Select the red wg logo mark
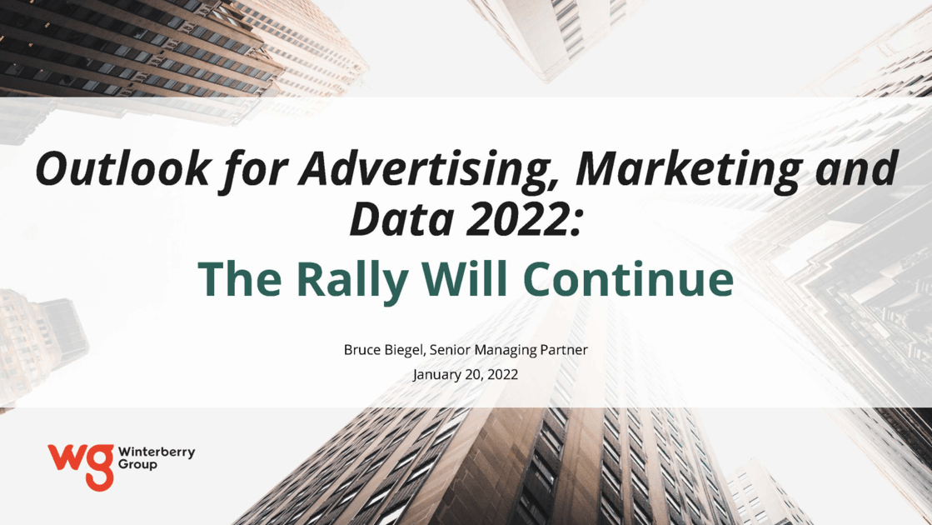point(81,467)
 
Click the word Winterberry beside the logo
point(157,452)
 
